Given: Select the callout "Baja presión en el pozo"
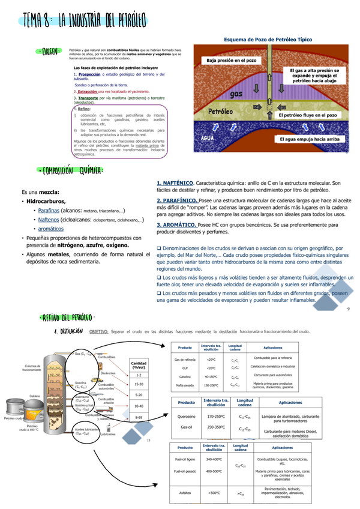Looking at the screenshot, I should [x=232, y=61].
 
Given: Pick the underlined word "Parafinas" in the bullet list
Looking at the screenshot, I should [x=50, y=211].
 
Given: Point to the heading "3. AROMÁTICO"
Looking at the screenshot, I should [x=175, y=224].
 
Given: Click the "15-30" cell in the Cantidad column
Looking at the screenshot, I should [x=139, y=384].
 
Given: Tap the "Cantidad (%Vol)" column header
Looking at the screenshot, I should [x=139, y=365].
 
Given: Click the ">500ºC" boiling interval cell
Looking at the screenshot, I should [x=214, y=492].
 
